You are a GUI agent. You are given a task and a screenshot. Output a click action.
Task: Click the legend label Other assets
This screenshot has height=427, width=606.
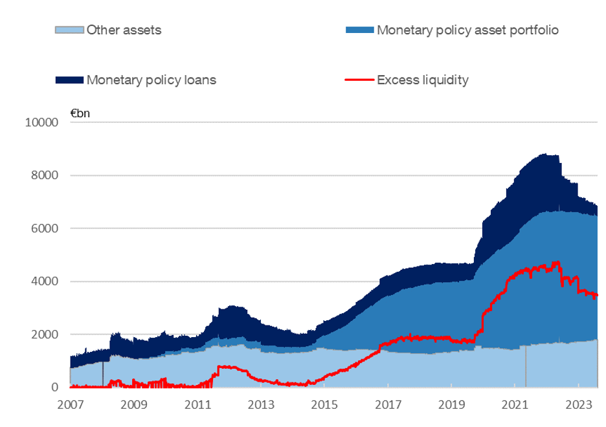coord(124,30)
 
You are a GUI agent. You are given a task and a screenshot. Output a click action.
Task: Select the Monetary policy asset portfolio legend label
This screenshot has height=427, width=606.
coord(467,30)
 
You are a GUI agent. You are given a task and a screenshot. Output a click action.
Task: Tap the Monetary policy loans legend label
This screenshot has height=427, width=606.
coord(151,80)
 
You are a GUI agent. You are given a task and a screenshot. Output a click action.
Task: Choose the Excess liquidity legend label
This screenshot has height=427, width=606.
coord(423,80)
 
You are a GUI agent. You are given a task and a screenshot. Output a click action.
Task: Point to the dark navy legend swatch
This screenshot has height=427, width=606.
coord(70,80)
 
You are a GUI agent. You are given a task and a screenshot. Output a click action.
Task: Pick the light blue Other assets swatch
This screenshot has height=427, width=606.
coord(70,30)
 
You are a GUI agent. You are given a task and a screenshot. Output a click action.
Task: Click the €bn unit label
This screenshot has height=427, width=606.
coord(80,114)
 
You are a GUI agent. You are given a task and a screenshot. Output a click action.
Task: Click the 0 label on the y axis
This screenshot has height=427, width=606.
coord(56,388)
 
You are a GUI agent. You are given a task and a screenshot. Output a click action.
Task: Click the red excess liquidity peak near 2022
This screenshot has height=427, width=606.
coord(555,262)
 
